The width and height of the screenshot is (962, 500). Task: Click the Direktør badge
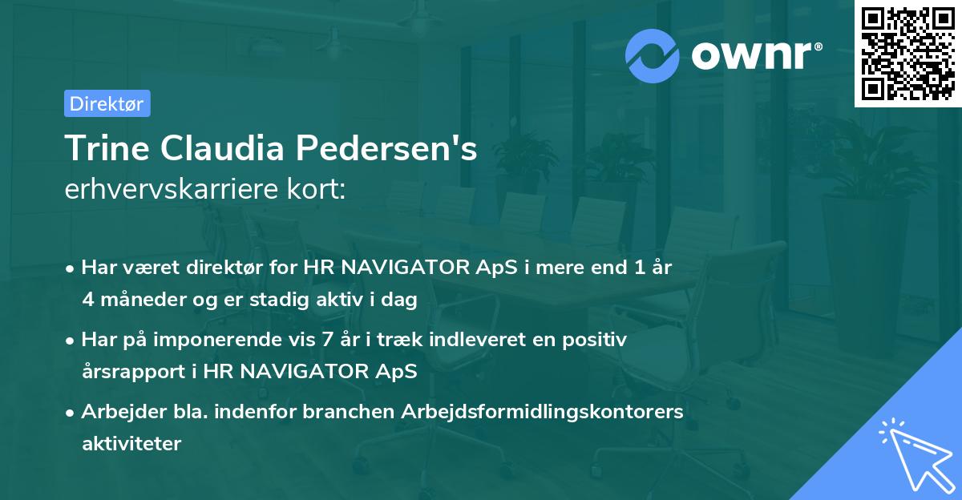107,103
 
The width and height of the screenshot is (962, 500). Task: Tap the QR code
907,53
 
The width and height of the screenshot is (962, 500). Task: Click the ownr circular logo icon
653,55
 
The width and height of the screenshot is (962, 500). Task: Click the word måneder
139,300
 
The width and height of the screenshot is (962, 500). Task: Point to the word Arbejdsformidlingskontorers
552,412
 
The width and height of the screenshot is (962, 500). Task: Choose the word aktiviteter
131,443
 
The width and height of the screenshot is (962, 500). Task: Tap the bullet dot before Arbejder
71,413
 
